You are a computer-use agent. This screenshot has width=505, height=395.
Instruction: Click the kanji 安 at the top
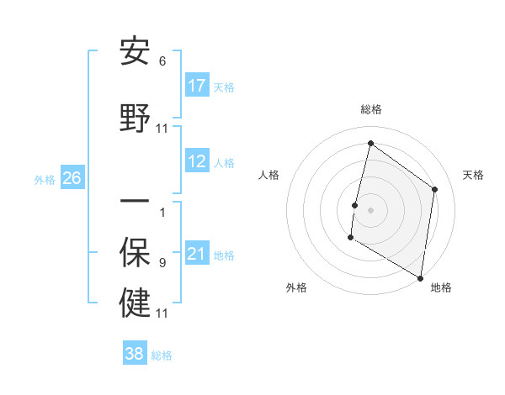136,51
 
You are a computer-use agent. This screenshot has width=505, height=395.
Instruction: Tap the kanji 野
136,118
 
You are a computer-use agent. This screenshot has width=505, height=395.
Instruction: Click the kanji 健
136,303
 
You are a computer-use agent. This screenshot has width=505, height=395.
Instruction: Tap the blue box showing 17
197,86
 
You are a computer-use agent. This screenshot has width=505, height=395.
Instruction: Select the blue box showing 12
197,161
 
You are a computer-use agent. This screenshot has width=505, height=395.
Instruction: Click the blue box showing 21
197,254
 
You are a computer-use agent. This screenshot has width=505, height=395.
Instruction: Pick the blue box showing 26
72,178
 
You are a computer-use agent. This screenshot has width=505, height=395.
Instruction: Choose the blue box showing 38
135,354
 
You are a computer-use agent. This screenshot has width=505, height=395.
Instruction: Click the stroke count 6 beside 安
162,61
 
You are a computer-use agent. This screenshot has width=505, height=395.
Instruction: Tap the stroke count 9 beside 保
162,263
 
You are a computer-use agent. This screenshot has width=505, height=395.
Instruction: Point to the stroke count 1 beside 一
162,212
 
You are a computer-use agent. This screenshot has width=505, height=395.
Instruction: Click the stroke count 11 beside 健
162,313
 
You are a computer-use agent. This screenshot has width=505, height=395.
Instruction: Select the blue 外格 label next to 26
45,179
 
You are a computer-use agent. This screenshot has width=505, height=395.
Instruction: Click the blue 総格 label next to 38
162,355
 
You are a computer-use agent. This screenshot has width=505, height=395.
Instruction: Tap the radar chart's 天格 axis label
473,175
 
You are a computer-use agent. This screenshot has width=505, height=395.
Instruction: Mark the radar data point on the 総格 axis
370,144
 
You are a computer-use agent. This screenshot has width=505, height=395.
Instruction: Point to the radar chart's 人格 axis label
269,175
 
